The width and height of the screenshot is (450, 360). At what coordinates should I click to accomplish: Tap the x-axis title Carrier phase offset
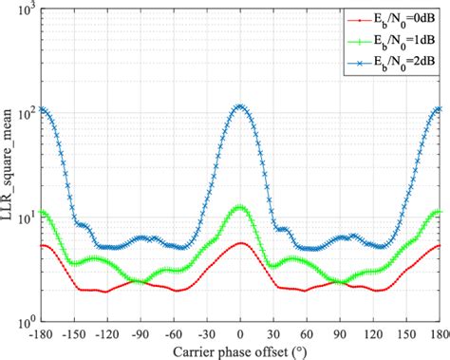[x=240, y=351]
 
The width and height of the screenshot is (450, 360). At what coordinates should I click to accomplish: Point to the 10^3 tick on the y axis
[x=28, y=9]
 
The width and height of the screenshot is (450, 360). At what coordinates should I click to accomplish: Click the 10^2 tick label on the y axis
[x=28, y=112]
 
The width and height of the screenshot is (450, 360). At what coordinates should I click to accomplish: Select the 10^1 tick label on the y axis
[x=28, y=217]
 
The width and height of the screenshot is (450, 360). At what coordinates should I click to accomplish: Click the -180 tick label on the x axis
[x=41, y=334]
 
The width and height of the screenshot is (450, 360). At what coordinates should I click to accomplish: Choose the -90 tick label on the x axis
[x=141, y=334]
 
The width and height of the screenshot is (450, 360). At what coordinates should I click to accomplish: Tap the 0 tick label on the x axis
[x=240, y=334]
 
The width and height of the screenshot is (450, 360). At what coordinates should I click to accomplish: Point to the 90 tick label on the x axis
[x=340, y=334]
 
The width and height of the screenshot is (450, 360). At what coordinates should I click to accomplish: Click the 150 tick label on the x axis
[x=406, y=334]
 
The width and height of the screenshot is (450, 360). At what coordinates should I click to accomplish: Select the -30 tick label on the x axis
[x=207, y=334]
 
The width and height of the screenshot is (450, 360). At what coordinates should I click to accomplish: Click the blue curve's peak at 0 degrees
[x=240, y=106]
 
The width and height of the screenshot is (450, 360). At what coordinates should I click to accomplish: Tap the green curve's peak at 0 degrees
[x=240, y=206]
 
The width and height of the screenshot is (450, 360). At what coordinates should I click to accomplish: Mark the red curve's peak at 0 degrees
[x=240, y=243]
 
